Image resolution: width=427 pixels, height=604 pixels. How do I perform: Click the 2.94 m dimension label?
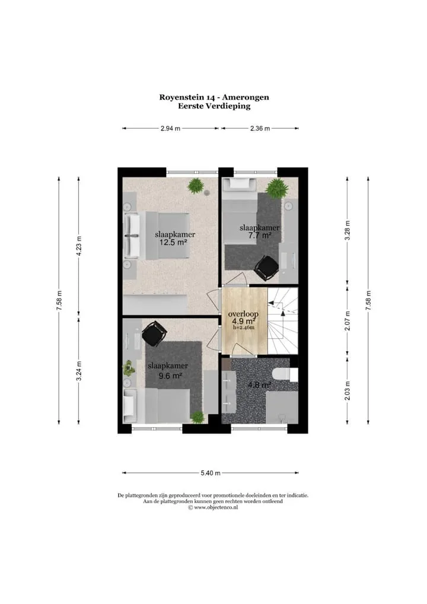(170, 128)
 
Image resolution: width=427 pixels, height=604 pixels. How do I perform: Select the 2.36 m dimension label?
(260, 128)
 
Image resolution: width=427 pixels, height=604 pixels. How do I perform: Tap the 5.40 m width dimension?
(210, 473)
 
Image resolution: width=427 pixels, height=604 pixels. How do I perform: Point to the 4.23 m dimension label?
(79, 246)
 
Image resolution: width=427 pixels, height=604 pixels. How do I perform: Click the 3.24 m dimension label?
(79, 371)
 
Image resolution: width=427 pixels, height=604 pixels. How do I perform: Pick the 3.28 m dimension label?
(347, 230)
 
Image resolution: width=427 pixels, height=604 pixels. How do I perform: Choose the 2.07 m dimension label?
(347, 320)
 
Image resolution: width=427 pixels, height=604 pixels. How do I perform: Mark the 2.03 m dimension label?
(347, 390)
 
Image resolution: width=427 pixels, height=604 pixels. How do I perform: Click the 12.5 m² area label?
(173, 242)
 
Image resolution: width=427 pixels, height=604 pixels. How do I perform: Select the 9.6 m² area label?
(170, 375)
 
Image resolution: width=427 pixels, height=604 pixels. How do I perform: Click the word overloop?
(243, 314)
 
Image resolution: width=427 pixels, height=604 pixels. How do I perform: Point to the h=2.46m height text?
(244, 328)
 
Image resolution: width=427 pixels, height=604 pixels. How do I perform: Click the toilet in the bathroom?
(285, 374)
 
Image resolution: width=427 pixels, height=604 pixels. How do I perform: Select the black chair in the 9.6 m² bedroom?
(154, 333)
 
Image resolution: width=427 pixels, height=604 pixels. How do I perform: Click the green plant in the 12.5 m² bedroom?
(196, 186)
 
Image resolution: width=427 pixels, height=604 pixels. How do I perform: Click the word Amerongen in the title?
(246, 97)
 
